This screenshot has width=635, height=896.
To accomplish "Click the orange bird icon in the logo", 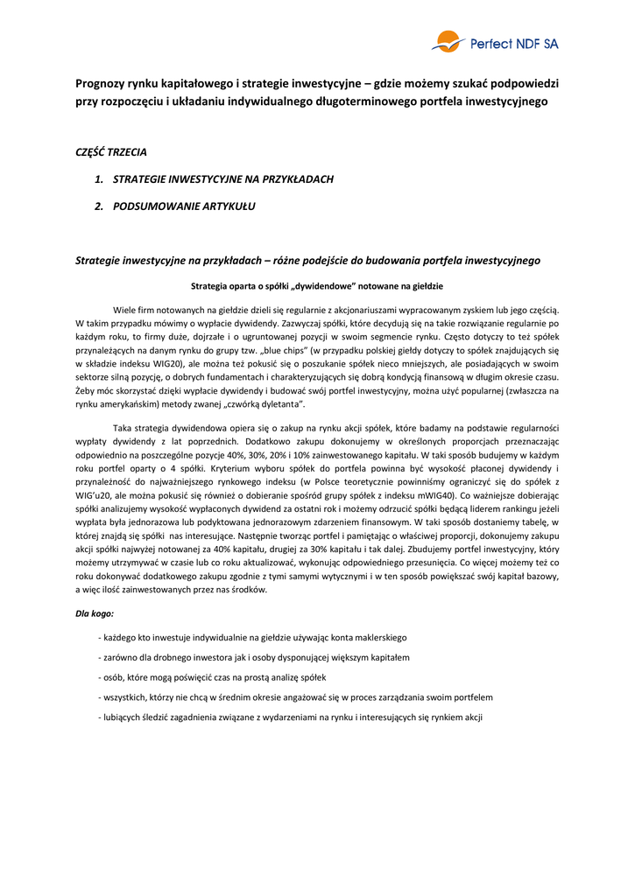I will [x=447, y=40].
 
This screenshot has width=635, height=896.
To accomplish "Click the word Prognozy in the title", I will [x=101, y=84].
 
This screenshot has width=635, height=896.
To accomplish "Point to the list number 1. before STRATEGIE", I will [x=99, y=179].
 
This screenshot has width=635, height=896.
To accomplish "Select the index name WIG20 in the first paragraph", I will [x=169, y=360].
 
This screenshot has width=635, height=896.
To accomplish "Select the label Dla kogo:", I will [x=95, y=613].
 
